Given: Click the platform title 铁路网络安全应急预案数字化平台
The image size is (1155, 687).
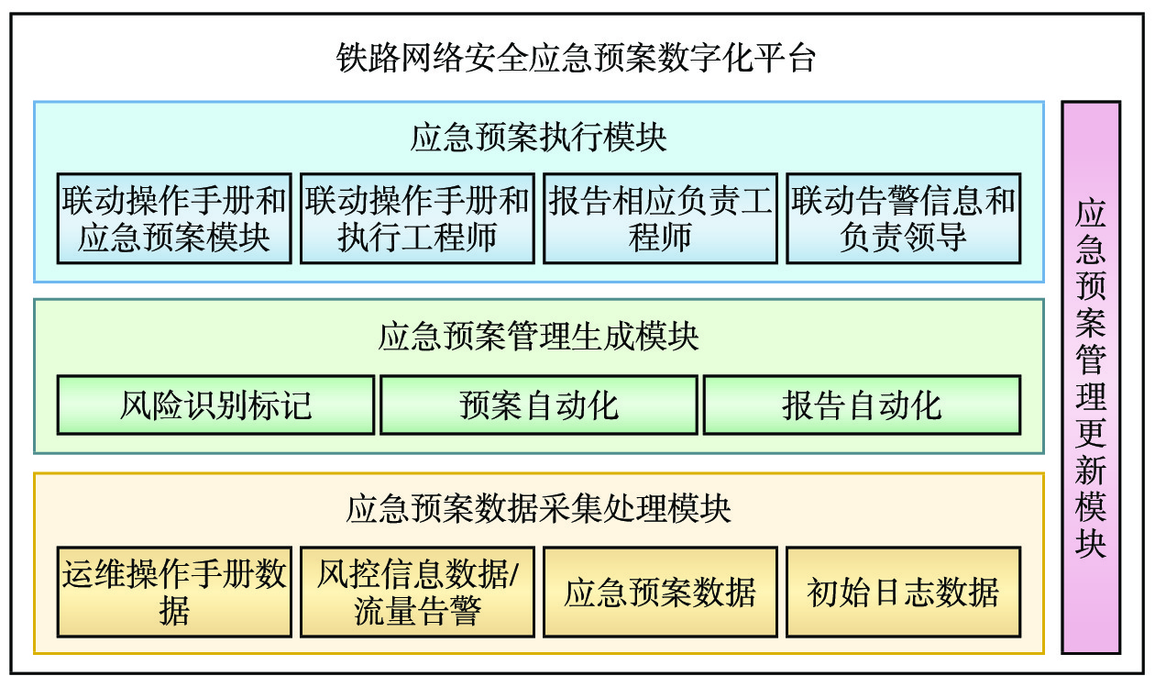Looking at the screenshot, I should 577,59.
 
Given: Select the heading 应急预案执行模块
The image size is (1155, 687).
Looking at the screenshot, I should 539,138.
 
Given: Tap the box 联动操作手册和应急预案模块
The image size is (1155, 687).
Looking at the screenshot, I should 174,218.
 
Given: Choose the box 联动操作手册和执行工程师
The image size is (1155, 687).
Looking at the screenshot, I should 417,218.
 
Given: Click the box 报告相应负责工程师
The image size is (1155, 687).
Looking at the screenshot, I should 660,218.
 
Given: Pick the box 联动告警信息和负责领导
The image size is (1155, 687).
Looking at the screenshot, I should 903,218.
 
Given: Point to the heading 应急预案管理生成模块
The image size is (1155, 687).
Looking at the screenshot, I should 539,337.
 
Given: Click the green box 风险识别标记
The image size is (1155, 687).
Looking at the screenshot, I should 215,404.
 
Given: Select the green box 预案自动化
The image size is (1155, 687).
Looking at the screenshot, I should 539,404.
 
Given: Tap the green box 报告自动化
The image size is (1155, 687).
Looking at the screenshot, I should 862,404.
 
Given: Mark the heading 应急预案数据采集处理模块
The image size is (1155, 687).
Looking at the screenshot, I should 539,508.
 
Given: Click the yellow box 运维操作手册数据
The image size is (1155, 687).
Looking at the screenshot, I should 174,592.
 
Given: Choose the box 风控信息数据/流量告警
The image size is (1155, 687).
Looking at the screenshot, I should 417,592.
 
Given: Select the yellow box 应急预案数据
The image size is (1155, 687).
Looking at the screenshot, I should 660,592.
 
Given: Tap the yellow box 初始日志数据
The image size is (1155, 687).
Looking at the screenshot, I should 903,592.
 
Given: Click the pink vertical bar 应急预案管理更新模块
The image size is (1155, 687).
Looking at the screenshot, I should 1091,377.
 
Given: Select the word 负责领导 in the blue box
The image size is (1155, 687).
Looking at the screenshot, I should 903,238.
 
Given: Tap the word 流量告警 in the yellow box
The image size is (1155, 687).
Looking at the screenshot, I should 417,610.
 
